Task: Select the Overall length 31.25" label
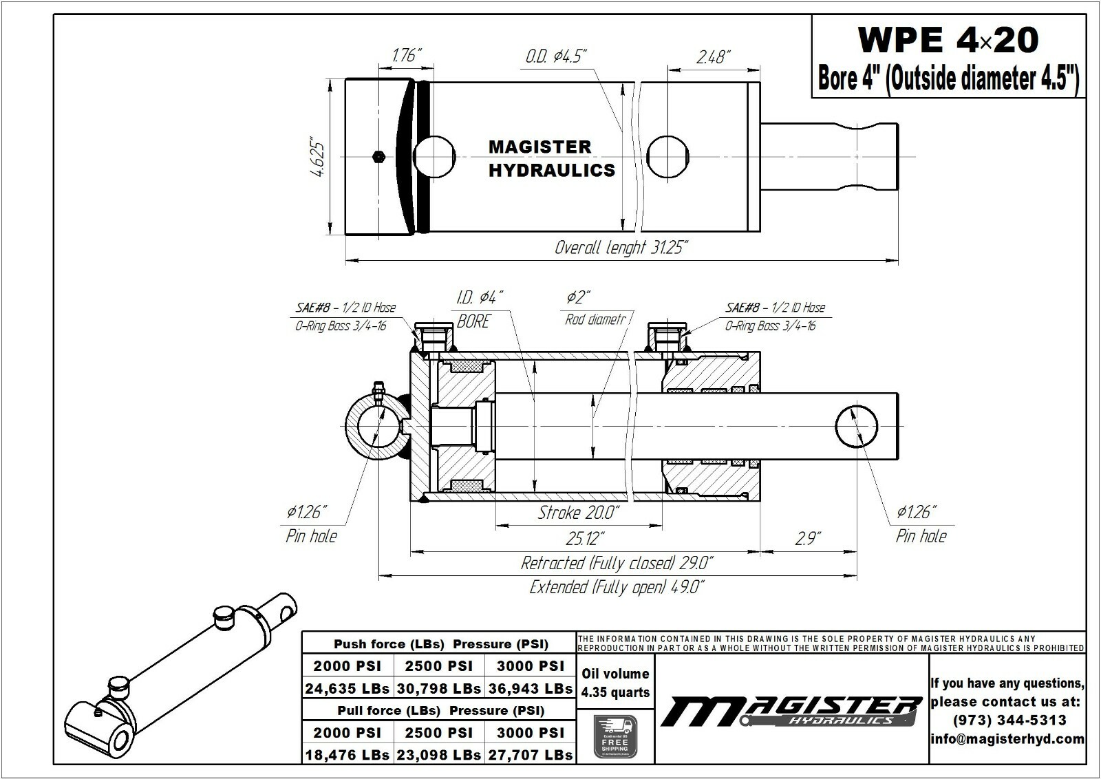click(x=621, y=248)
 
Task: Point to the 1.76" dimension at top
click(x=407, y=55)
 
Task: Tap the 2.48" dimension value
click(x=714, y=56)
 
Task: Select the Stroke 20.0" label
click(x=578, y=513)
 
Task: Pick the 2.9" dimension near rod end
click(x=807, y=538)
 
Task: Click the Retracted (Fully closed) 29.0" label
click(x=617, y=563)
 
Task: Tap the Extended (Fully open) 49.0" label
click(x=617, y=587)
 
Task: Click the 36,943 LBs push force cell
click(x=530, y=688)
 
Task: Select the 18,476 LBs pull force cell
click(x=348, y=755)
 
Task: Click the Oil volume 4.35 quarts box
click(x=615, y=683)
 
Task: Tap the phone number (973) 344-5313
click(x=1009, y=721)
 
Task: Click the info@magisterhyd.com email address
click(x=1007, y=739)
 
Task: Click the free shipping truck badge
click(x=615, y=736)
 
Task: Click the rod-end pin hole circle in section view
click(x=856, y=426)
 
